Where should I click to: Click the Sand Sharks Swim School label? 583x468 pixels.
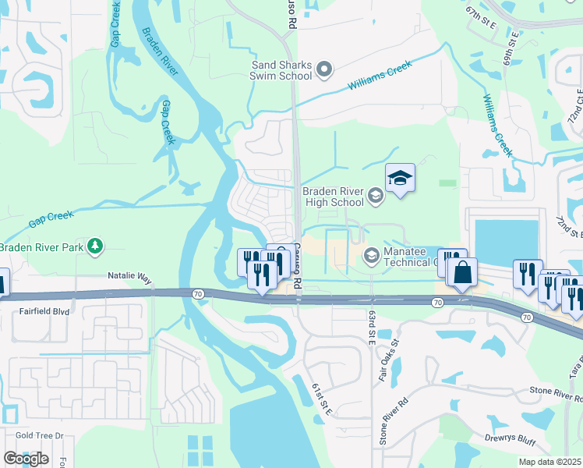click(281, 71)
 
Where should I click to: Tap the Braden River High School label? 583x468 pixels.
click(333, 197)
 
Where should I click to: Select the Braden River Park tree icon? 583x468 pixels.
click(95, 246)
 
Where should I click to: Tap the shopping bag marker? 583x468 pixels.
click(462, 273)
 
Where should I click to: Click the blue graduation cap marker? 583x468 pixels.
click(400, 179)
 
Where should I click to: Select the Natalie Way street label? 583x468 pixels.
click(129, 276)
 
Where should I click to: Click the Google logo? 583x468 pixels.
click(25, 459)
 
